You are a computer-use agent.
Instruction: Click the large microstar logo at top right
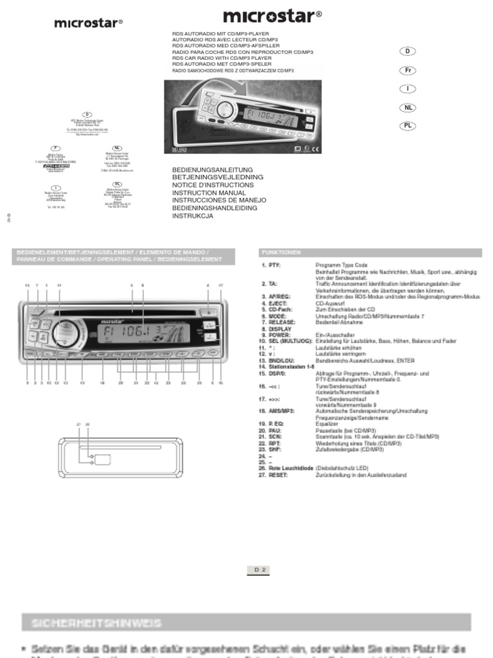(272, 15)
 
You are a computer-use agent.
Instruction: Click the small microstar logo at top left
(88, 22)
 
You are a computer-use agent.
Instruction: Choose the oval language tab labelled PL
(407, 125)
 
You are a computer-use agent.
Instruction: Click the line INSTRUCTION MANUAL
(209, 193)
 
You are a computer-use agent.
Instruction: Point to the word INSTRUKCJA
(193, 216)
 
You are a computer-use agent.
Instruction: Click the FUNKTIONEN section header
(280, 253)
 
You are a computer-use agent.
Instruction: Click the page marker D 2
(260, 569)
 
